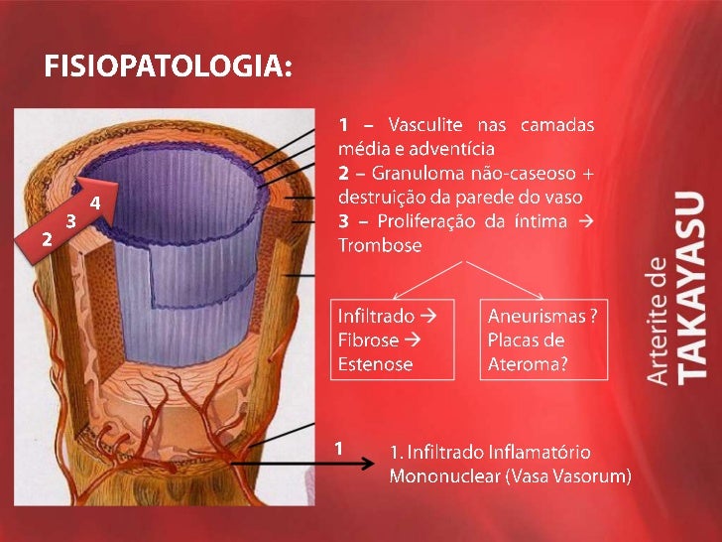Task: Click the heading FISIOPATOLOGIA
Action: click(x=168, y=68)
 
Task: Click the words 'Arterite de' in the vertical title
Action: click(x=658, y=320)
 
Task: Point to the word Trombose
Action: click(x=380, y=244)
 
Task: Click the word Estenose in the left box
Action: click(x=375, y=363)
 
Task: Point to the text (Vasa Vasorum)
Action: click(x=568, y=476)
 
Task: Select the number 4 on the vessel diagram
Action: click(x=95, y=203)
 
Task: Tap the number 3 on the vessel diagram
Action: click(x=71, y=220)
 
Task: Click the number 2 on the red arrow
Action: click(x=47, y=239)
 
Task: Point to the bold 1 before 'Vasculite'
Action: click(x=343, y=125)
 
